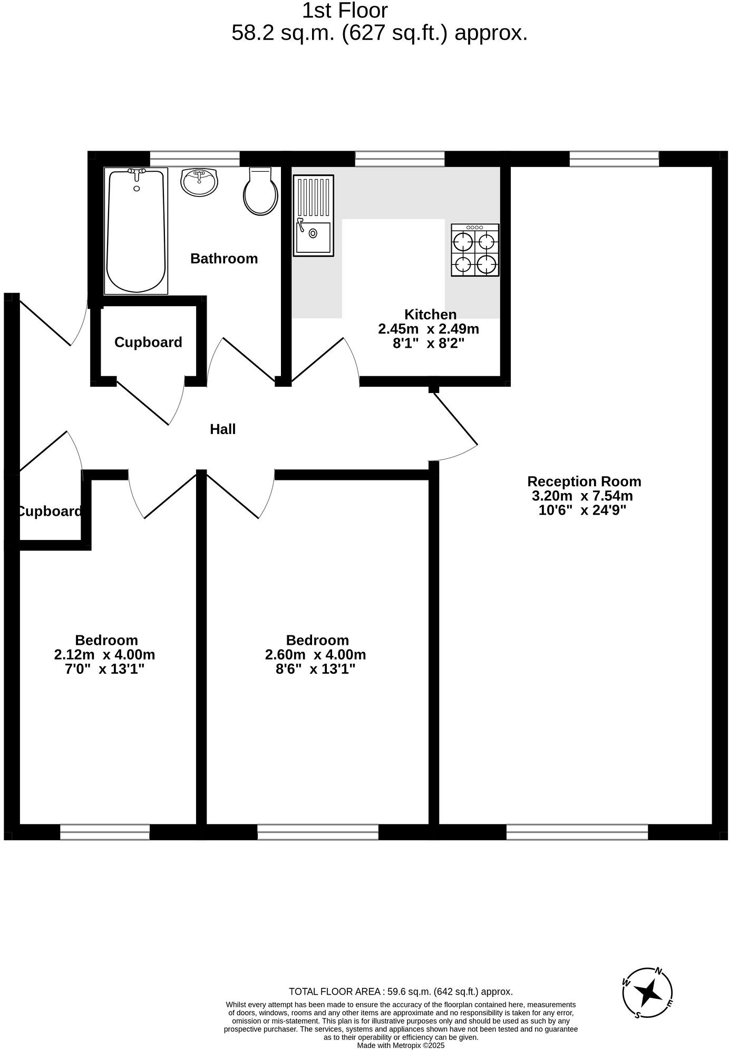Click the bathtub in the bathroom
click(137, 231)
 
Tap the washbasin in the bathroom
click(199, 182)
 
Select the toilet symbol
click(260, 192)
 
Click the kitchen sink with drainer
click(314, 215)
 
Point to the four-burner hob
click(475, 250)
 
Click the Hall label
click(222, 429)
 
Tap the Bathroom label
click(224, 259)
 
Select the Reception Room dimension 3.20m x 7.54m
click(582, 496)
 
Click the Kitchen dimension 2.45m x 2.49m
click(428, 329)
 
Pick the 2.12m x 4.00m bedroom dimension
click(104, 655)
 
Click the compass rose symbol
click(647, 993)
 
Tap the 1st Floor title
click(345, 11)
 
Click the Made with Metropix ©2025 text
click(401, 1045)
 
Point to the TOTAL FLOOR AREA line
click(401, 992)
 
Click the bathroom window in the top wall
click(195, 159)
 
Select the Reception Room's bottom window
click(577, 832)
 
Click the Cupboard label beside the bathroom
click(148, 342)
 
